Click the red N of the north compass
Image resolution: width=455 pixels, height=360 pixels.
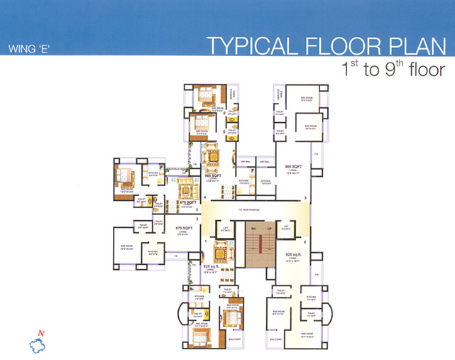(42, 334)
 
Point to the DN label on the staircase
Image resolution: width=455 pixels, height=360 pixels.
(251, 228)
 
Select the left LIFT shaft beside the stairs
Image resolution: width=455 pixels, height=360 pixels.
(225, 229)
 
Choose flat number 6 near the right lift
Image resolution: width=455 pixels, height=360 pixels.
(305, 242)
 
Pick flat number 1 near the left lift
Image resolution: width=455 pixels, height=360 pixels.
(204, 242)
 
